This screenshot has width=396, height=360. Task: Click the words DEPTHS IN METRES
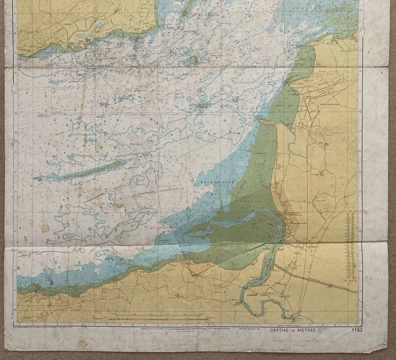(292, 330)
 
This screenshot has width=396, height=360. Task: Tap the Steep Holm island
(202, 106)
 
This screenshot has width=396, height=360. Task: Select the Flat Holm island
(193, 60)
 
